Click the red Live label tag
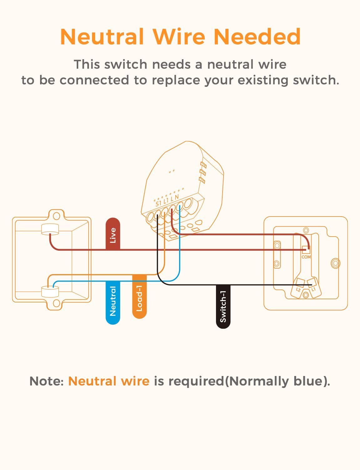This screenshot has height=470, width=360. (113, 234)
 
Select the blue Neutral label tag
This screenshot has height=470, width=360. (113, 302)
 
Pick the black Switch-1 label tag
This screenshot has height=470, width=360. (223, 306)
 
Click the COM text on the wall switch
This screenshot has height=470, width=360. (306, 257)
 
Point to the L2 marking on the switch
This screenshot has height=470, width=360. (298, 290)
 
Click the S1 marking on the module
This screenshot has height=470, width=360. (158, 204)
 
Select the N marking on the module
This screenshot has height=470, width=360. (177, 197)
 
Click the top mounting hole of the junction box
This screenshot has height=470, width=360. (56, 216)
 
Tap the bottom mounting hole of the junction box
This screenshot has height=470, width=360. (56, 303)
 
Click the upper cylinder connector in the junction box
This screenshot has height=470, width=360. (50, 229)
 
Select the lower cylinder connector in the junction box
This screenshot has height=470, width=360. (50, 292)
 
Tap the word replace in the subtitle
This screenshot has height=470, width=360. (176, 81)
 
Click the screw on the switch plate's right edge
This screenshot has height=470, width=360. (335, 263)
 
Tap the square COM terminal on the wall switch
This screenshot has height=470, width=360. (306, 250)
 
